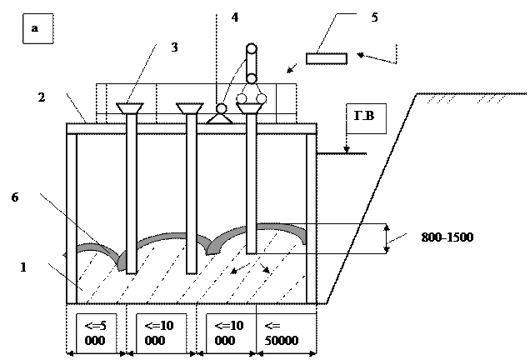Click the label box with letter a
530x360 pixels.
pos(37,29)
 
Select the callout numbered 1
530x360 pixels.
pos(26,269)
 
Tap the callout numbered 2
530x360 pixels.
pos(45,108)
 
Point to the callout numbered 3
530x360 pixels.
pos(179,48)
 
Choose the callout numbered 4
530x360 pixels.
pos(237,18)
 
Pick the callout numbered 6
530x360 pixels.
pos(17,207)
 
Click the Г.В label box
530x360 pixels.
pos(366,119)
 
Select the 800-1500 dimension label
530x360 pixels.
pos(452,249)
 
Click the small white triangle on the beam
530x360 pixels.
pos(220,118)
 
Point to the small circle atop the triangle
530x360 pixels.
pos(221,109)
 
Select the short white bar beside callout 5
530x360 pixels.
pos(326,58)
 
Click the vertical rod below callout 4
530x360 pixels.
pos(251,64)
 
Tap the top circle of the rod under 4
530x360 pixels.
pos(251,49)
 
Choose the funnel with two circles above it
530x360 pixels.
pos(250,109)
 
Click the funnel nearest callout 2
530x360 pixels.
pos(130,109)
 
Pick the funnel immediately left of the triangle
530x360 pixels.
pos(190,109)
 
